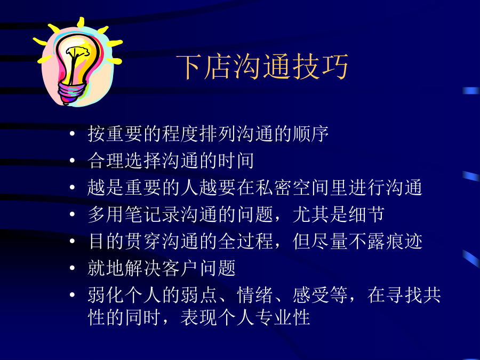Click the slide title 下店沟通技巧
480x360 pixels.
(262, 67)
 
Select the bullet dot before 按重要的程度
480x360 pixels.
(72, 133)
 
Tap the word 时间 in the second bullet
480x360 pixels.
(236, 161)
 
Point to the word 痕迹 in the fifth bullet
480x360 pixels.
(404, 241)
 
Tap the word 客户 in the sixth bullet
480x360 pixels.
(180, 268)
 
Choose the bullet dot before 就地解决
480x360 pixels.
(72, 268)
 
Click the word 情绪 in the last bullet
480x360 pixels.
(255, 295)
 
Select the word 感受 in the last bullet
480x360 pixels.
(311, 295)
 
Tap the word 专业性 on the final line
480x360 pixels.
(283, 317)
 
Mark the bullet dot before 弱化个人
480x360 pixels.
(72, 295)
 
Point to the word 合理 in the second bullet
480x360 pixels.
(106, 161)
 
